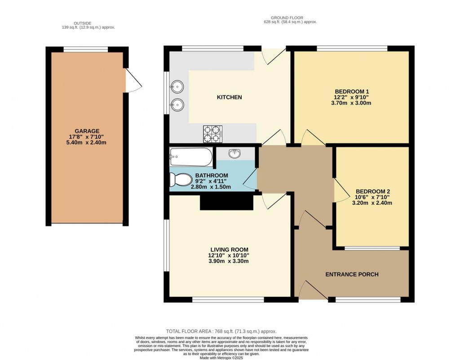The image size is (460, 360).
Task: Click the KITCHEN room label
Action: (229, 97)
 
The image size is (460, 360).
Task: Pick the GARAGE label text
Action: (87, 131)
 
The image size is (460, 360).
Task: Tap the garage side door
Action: (134, 82)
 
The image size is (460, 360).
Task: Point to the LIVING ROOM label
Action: (230, 250)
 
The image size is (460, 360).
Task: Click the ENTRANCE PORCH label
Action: (352, 274)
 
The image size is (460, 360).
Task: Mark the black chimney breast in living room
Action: (226, 203)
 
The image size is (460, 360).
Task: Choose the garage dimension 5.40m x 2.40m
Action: (87, 143)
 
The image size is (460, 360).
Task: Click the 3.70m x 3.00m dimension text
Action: (352, 103)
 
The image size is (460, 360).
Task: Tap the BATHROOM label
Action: (212, 176)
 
